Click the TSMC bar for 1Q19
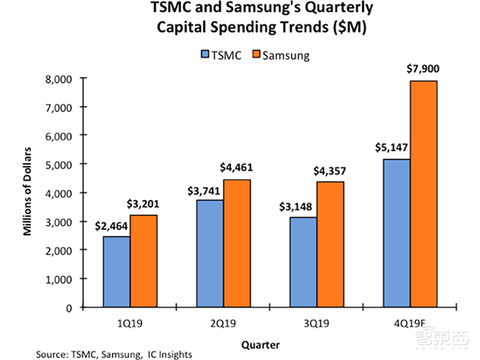click(x=118, y=272)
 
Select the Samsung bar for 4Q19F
click(x=423, y=194)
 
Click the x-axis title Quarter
click(x=260, y=344)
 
